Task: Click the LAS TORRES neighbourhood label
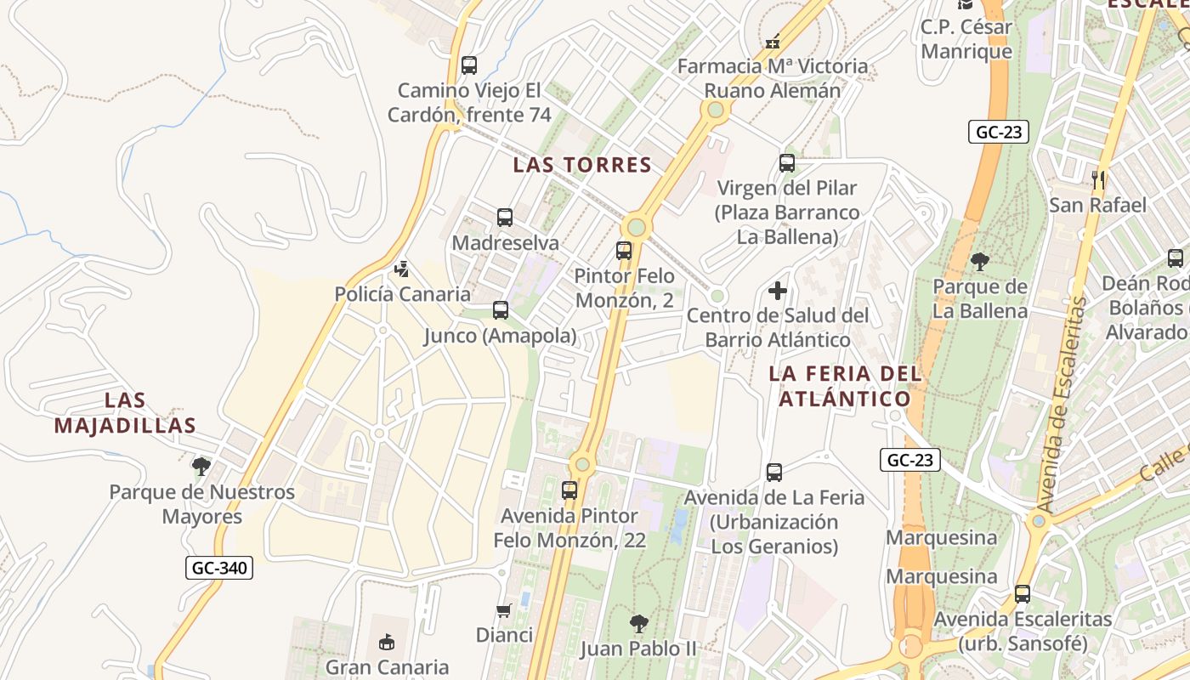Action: click(582, 165)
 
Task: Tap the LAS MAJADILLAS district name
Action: click(125, 412)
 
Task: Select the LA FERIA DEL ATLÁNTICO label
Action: click(845, 386)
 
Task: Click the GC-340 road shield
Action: click(219, 568)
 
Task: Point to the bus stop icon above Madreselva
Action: click(505, 218)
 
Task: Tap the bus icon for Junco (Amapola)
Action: click(501, 310)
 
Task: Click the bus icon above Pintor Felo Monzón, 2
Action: click(624, 251)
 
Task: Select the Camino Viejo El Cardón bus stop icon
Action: click(468, 65)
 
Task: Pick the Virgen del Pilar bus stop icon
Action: click(787, 163)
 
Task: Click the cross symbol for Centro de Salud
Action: click(778, 291)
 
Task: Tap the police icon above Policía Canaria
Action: click(401, 270)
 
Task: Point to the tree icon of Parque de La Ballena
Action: click(980, 261)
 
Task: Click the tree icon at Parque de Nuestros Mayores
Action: click(201, 466)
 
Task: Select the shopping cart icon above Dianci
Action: click(504, 610)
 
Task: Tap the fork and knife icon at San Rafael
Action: click(1098, 179)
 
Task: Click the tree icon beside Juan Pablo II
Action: click(638, 624)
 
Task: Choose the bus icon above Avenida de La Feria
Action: click(773, 473)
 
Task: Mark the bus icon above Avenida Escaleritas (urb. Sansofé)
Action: click(1023, 594)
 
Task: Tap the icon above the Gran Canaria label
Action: click(387, 642)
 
